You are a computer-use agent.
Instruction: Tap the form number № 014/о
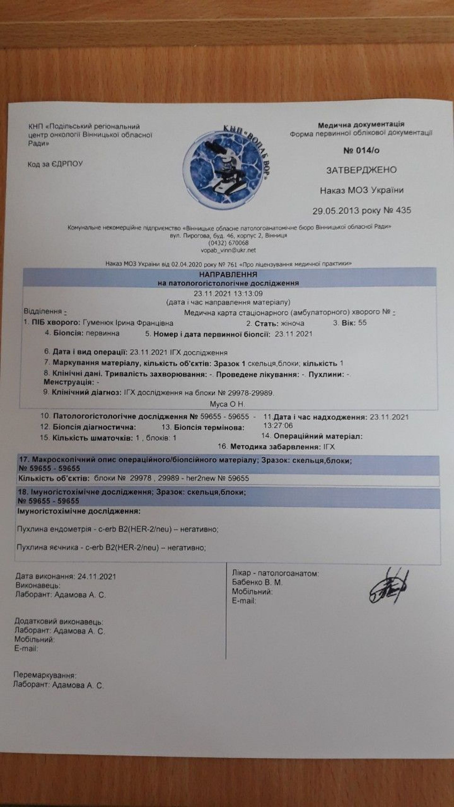[x=361, y=151]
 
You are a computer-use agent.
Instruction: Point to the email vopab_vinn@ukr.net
[x=228, y=250]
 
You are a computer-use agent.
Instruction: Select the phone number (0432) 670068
[x=228, y=243]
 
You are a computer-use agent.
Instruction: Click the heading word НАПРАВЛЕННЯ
[x=228, y=275]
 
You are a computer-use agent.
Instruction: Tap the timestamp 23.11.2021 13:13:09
[x=228, y=294]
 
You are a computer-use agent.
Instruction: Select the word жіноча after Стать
[x=292, y=323]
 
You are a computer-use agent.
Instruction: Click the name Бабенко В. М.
[x=257, y=582]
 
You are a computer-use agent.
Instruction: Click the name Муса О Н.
[x=227, y=404]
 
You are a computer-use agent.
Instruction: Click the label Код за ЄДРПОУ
[x=55, y=164]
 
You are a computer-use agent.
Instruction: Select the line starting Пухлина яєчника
[x=112, y=548]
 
